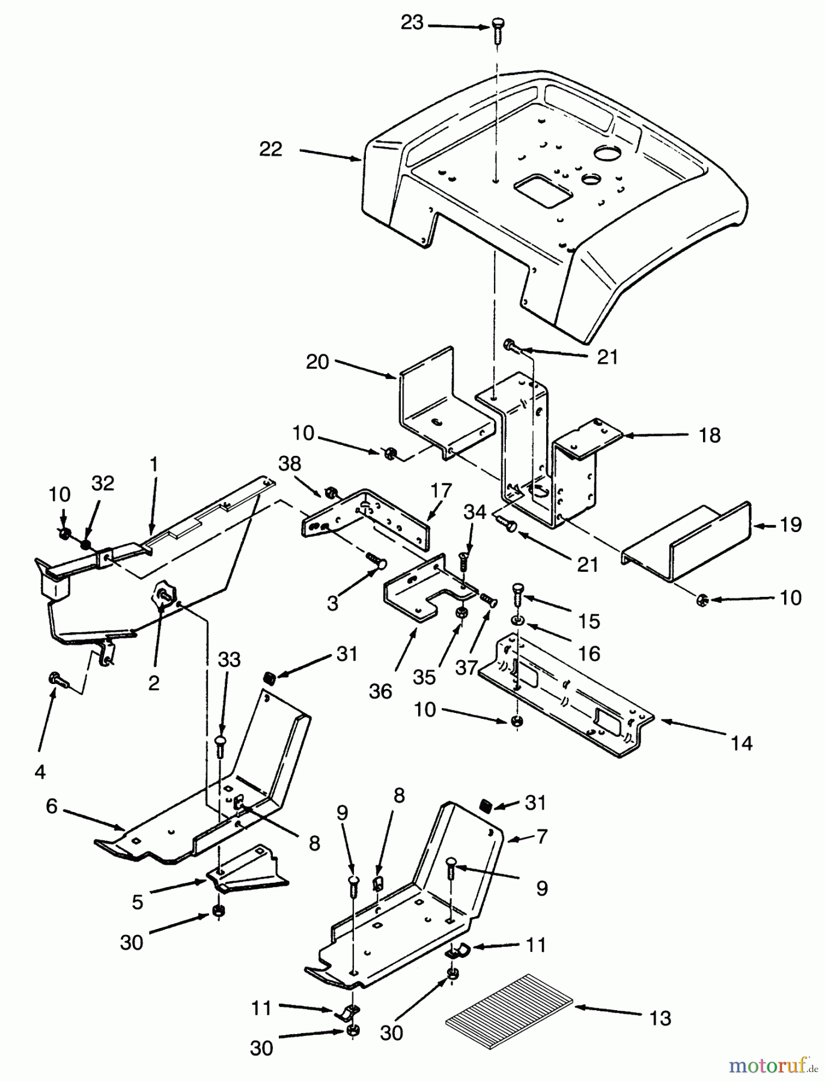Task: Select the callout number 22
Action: click(x=270, y=149)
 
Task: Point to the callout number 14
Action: click(x=742, y=743)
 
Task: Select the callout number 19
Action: click(x=791, y=525)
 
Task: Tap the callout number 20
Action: click(x=317, y=362)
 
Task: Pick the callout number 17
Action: click(x=440, y=491)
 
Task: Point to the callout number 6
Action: click(x=52, y=807)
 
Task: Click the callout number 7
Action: click(x=542, y=836)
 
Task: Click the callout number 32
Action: click(x=103, y=483)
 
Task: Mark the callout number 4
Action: click(x=40, y=772)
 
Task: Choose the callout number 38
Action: click(x=290, y=464)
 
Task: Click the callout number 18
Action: click(x=710, y=435)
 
